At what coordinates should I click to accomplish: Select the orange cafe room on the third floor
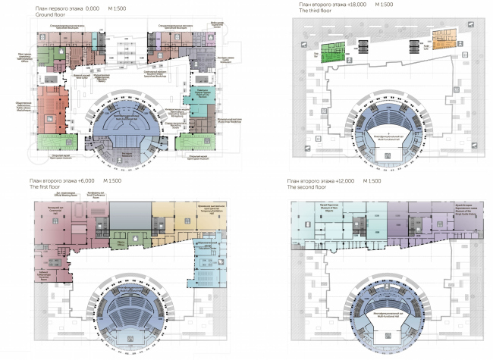[x=443, y=36]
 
